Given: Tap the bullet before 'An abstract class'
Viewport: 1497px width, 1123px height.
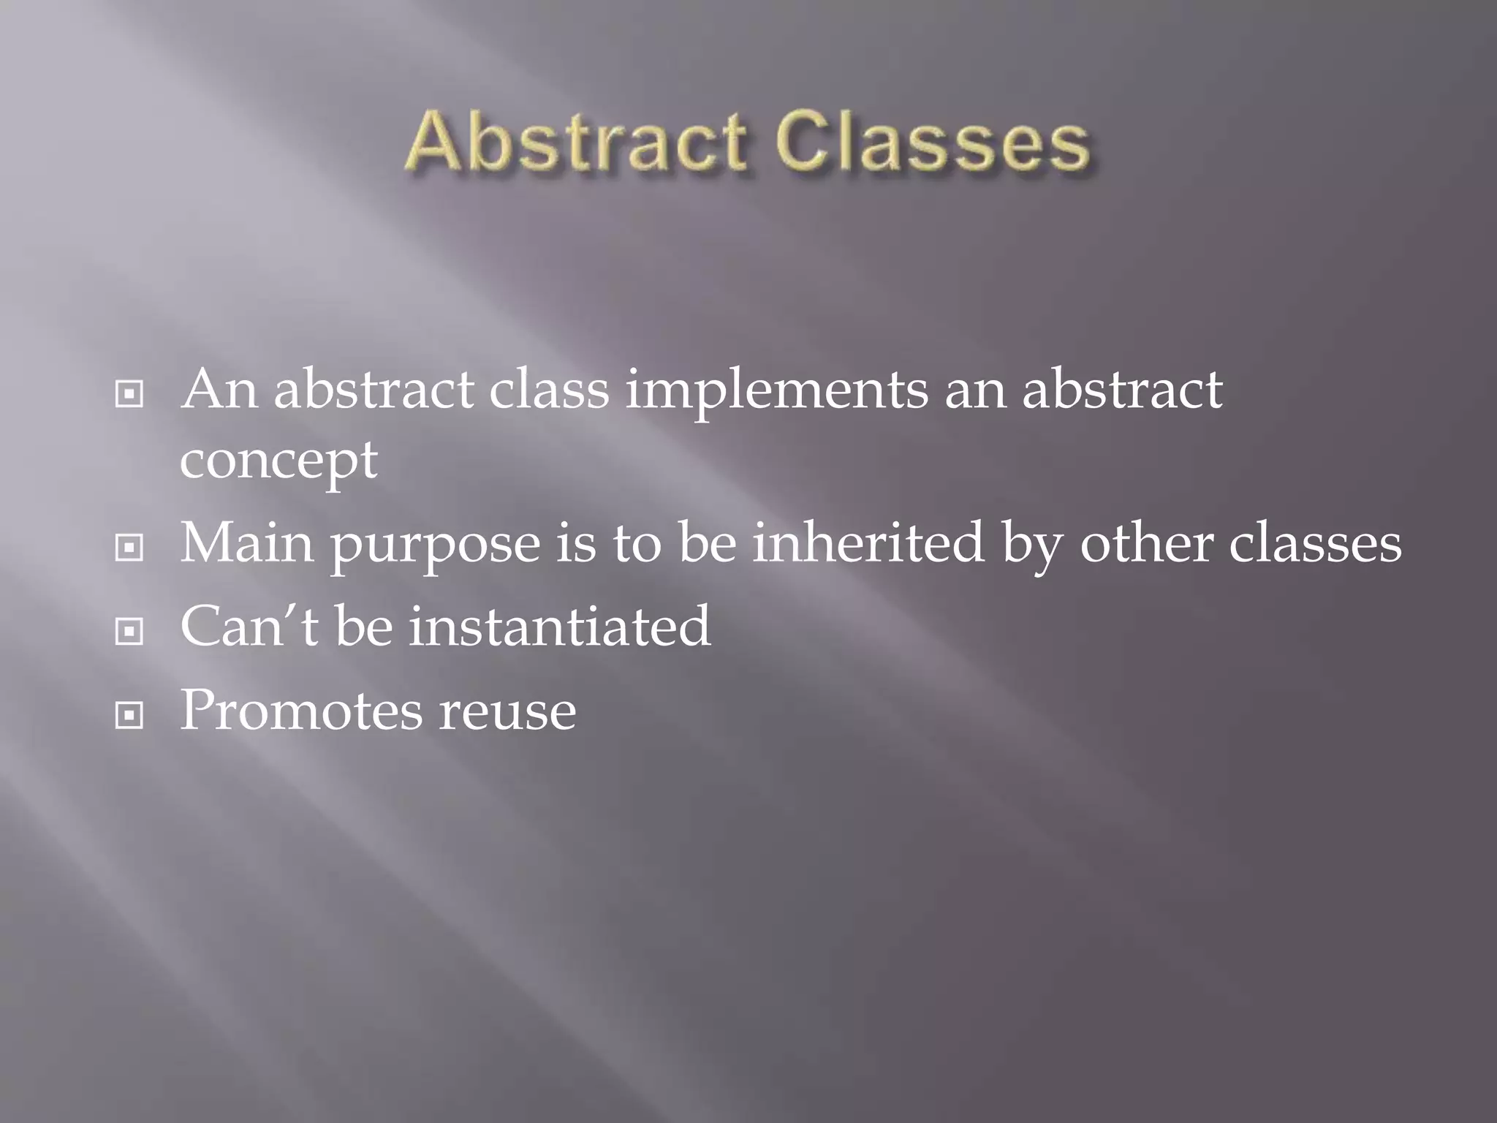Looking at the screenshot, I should point(129,395).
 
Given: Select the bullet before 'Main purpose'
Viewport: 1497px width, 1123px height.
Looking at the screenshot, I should point(129,547).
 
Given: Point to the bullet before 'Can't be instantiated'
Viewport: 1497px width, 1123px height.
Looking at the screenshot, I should point(129,631).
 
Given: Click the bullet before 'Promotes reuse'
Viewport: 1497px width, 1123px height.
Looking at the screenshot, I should point(129,715).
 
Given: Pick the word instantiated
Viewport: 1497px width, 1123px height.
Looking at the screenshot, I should point(559,627).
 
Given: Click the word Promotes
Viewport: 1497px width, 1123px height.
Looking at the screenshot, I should point(301,711).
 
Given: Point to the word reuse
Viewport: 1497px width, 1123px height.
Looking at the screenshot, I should point(507,713).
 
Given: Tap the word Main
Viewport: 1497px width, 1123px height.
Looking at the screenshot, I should point(247,543).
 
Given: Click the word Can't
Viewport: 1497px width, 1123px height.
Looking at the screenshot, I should point(249,627).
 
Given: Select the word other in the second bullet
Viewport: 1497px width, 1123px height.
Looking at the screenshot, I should point(1146,543).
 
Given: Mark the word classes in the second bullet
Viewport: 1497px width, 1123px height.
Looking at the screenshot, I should point(1315,543).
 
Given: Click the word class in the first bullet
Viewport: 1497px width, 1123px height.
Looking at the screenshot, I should point(548,389).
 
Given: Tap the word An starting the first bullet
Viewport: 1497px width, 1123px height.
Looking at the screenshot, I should point(219,389).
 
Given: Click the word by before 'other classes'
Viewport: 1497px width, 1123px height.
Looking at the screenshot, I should point(1031,545).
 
